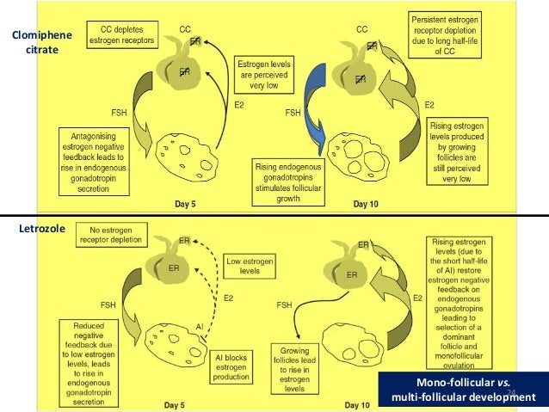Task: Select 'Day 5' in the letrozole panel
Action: (194, 403)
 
